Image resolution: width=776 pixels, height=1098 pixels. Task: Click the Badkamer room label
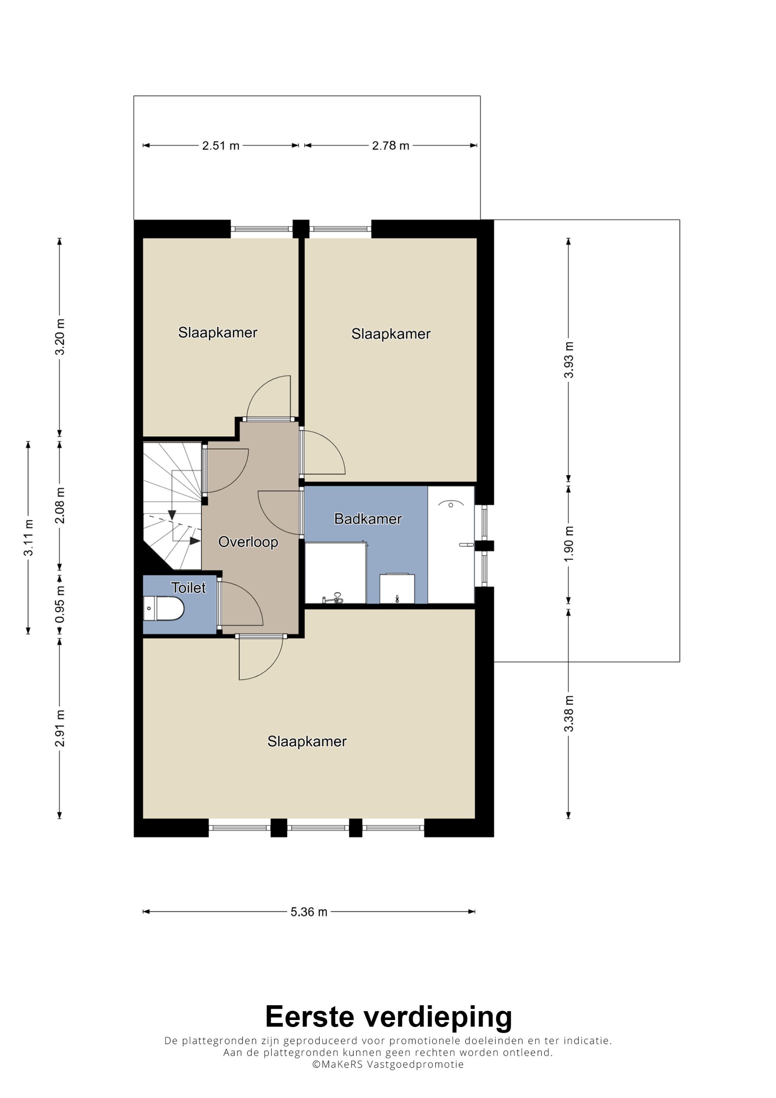tap(368, 519)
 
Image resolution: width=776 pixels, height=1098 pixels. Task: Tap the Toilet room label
tap(189, 588)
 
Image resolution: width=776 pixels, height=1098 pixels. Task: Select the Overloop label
tap(248, 542)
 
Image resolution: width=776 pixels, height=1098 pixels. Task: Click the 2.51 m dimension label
tap(220, 145)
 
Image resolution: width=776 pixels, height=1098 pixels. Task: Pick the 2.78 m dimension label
tap(391, 145)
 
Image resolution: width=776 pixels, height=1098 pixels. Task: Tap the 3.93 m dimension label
tap(568, 360)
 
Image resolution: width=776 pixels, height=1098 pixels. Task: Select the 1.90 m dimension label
tap(568, 544)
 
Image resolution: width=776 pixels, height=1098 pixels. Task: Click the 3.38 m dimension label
tap(568, 714)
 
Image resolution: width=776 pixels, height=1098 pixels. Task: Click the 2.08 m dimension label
tap(60, 506)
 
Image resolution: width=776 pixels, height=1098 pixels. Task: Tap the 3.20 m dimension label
tap(60, 337)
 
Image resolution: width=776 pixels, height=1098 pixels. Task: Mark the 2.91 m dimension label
tap(60, 728)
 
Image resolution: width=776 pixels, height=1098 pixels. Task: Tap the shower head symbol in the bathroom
tap(451, 504)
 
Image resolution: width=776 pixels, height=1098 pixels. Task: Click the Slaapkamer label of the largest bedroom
tap(307, 742)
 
